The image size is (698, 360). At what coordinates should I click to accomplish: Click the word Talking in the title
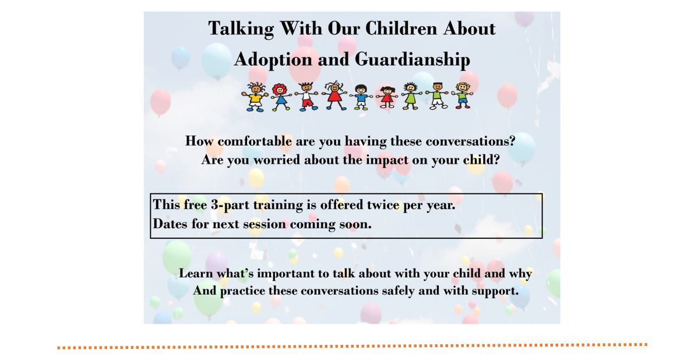coord(241,29)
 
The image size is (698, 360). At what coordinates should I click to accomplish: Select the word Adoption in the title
coord(273,60)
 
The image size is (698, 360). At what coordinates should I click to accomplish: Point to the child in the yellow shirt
coord(255,97)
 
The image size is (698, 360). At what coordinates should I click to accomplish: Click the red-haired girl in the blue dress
coord(280,97)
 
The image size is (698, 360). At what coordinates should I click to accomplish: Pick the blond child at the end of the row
coord(463,95)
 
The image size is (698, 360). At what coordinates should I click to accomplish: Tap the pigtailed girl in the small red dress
coord(387,97)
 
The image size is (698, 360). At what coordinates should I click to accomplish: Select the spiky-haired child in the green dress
coord(410,96)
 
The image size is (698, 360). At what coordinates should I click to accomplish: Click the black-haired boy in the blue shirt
coord(361,97)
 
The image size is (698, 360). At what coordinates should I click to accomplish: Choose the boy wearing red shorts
coord(306,96)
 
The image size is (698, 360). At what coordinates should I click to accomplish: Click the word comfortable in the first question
coord(255,141)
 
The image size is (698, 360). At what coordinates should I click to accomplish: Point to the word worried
coord(277,159)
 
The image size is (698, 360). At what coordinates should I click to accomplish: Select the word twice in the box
coord(383,204)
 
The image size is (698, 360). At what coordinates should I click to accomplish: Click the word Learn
coord(196,273)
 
